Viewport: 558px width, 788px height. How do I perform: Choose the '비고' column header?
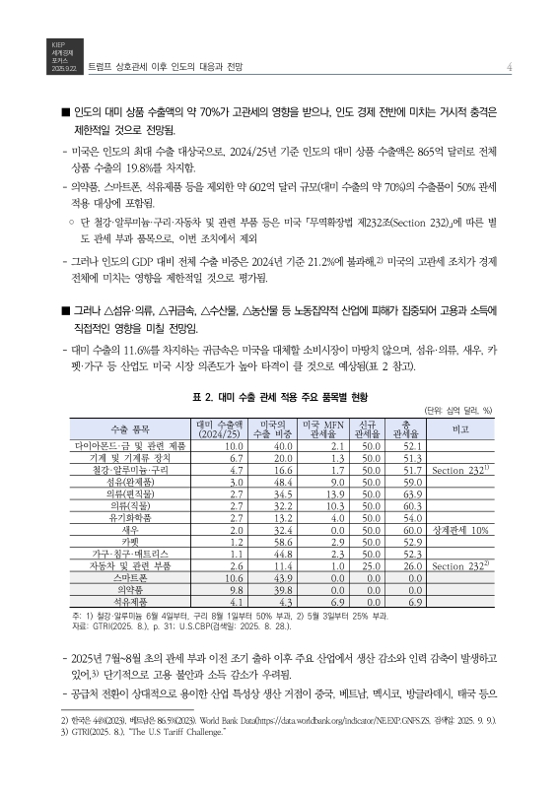(x=458, y=429)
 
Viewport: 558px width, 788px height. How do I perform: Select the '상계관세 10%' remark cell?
(x=461, y=529)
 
